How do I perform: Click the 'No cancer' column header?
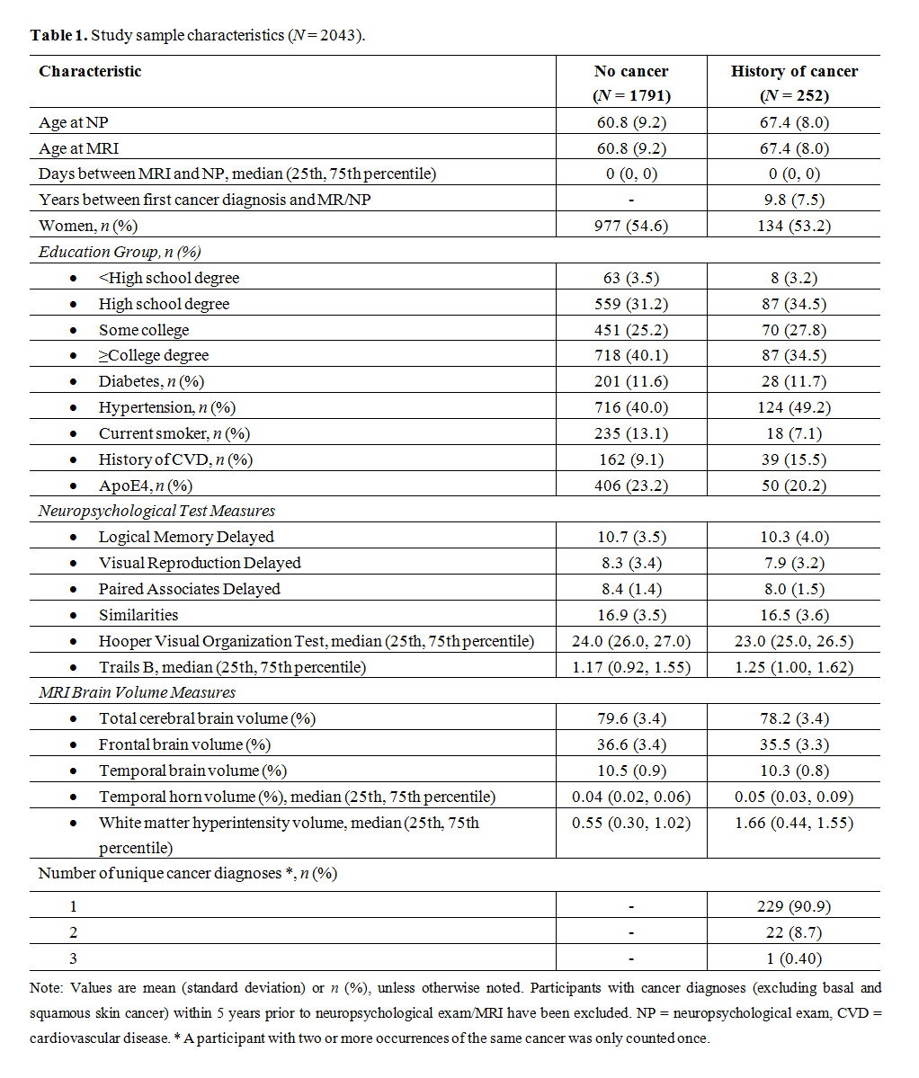(631, 72)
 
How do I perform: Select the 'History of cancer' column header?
(794, 72)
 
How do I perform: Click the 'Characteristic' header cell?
(90, 72)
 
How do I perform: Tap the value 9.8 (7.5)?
(794, 200)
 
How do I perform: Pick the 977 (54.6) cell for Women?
(631, 226)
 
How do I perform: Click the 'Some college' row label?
(144, 330)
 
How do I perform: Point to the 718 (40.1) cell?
(631, 355)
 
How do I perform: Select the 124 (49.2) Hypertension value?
(794, 407)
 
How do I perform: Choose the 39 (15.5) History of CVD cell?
(794, 459)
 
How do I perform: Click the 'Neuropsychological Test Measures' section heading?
(156, 511)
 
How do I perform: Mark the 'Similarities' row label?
(138, 615)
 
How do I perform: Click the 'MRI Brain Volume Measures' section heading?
(137, 692)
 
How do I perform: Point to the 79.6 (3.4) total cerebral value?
(631, 718)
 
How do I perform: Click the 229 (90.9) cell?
(794, 906)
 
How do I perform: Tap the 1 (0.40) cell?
(794, 958)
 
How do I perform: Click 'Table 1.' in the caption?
(58, 35)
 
